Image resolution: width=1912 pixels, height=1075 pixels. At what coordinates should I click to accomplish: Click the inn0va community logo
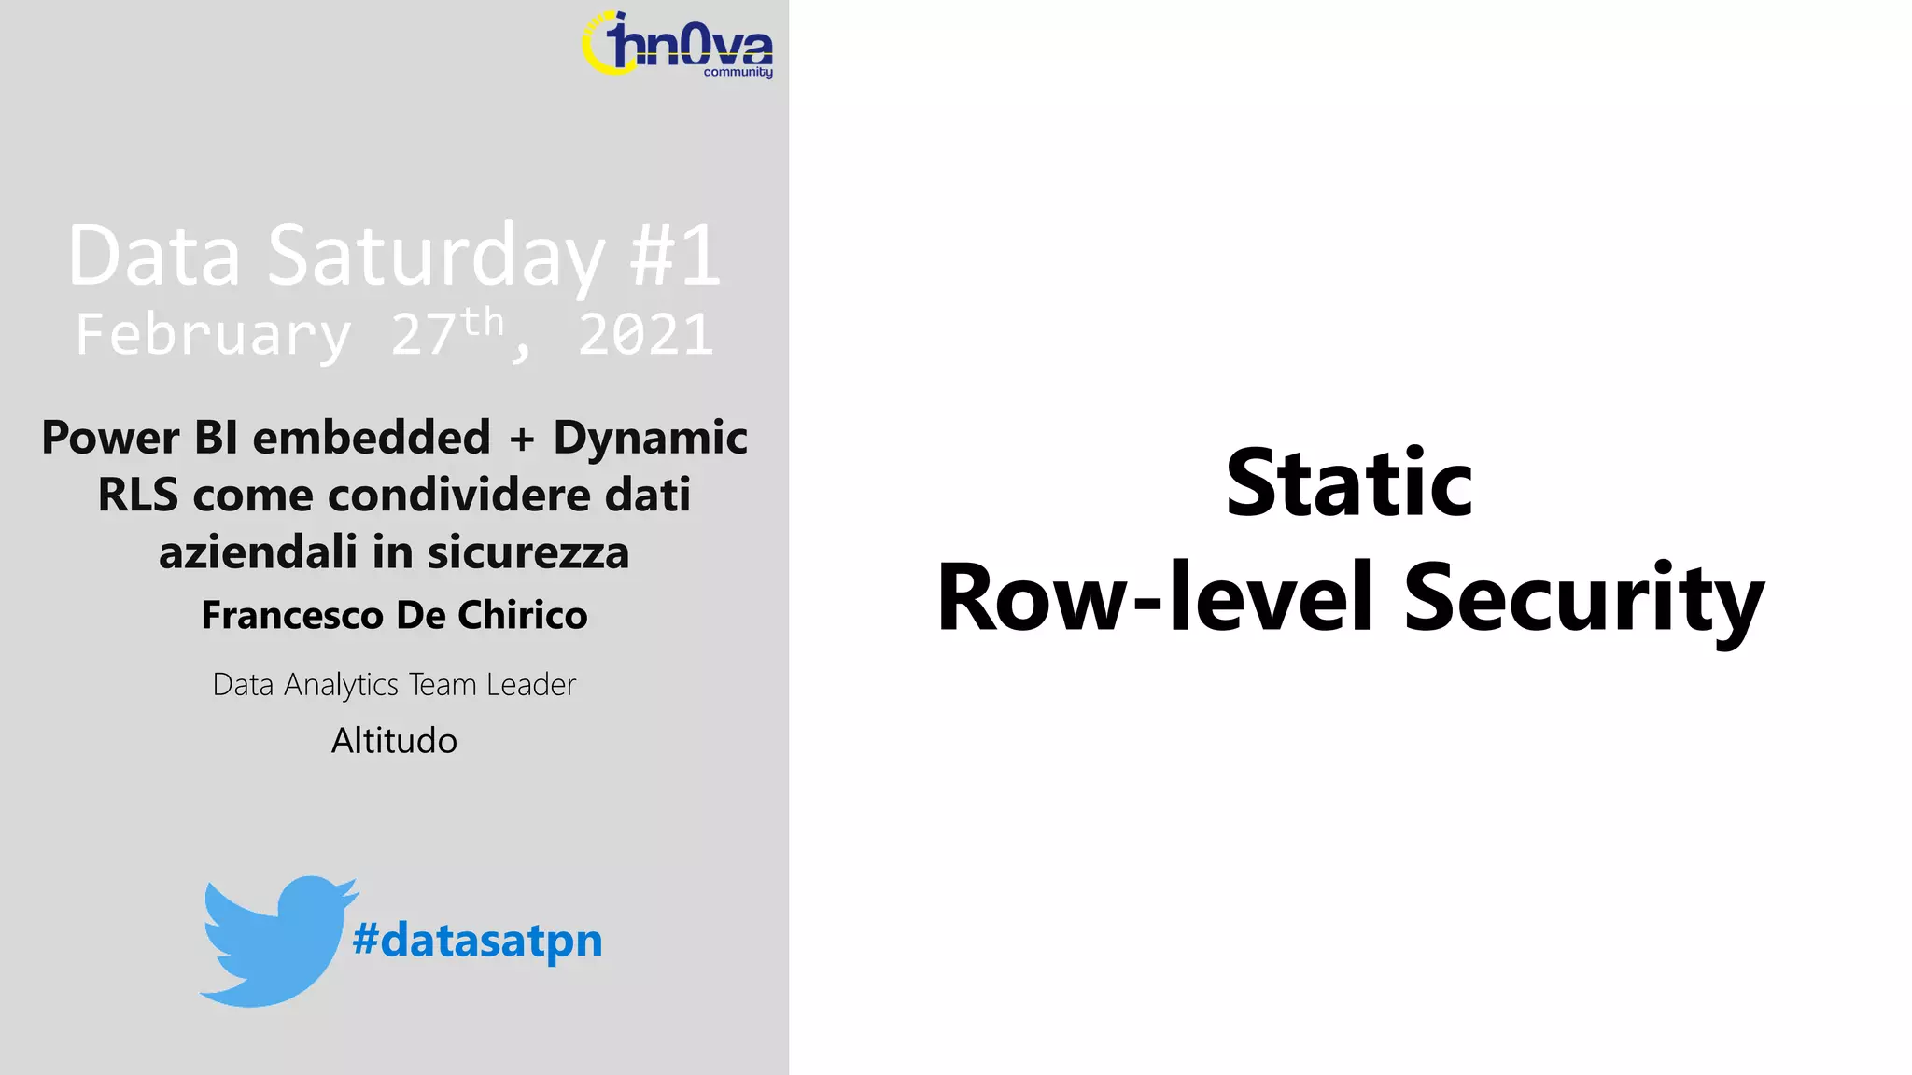tap(679, 45)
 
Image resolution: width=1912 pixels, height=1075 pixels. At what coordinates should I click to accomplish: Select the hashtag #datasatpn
tap(477, 940)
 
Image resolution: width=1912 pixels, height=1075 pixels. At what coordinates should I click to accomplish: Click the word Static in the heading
tap(1349, 483)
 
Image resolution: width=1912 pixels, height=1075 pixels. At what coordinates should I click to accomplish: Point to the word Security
tap(1583, 598)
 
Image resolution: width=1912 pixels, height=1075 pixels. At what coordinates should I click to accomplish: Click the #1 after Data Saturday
tap(675, 256)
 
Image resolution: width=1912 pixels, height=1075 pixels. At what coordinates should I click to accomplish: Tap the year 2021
tap(646, 335)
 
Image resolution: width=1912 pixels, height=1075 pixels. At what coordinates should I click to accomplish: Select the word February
tap(214, 335)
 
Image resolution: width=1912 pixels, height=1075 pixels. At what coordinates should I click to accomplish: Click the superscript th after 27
tap(482, 323)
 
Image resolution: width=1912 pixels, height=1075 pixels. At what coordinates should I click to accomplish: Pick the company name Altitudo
tap(394, 741)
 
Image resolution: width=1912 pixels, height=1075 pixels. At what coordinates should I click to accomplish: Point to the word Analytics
tap(342, 685)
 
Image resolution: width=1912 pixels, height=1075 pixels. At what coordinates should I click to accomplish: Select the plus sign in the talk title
tap(522, 439)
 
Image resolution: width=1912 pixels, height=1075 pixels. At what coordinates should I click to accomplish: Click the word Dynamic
tap(650, 438)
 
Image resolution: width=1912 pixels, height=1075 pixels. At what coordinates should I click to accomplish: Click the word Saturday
tap(436, 256)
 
